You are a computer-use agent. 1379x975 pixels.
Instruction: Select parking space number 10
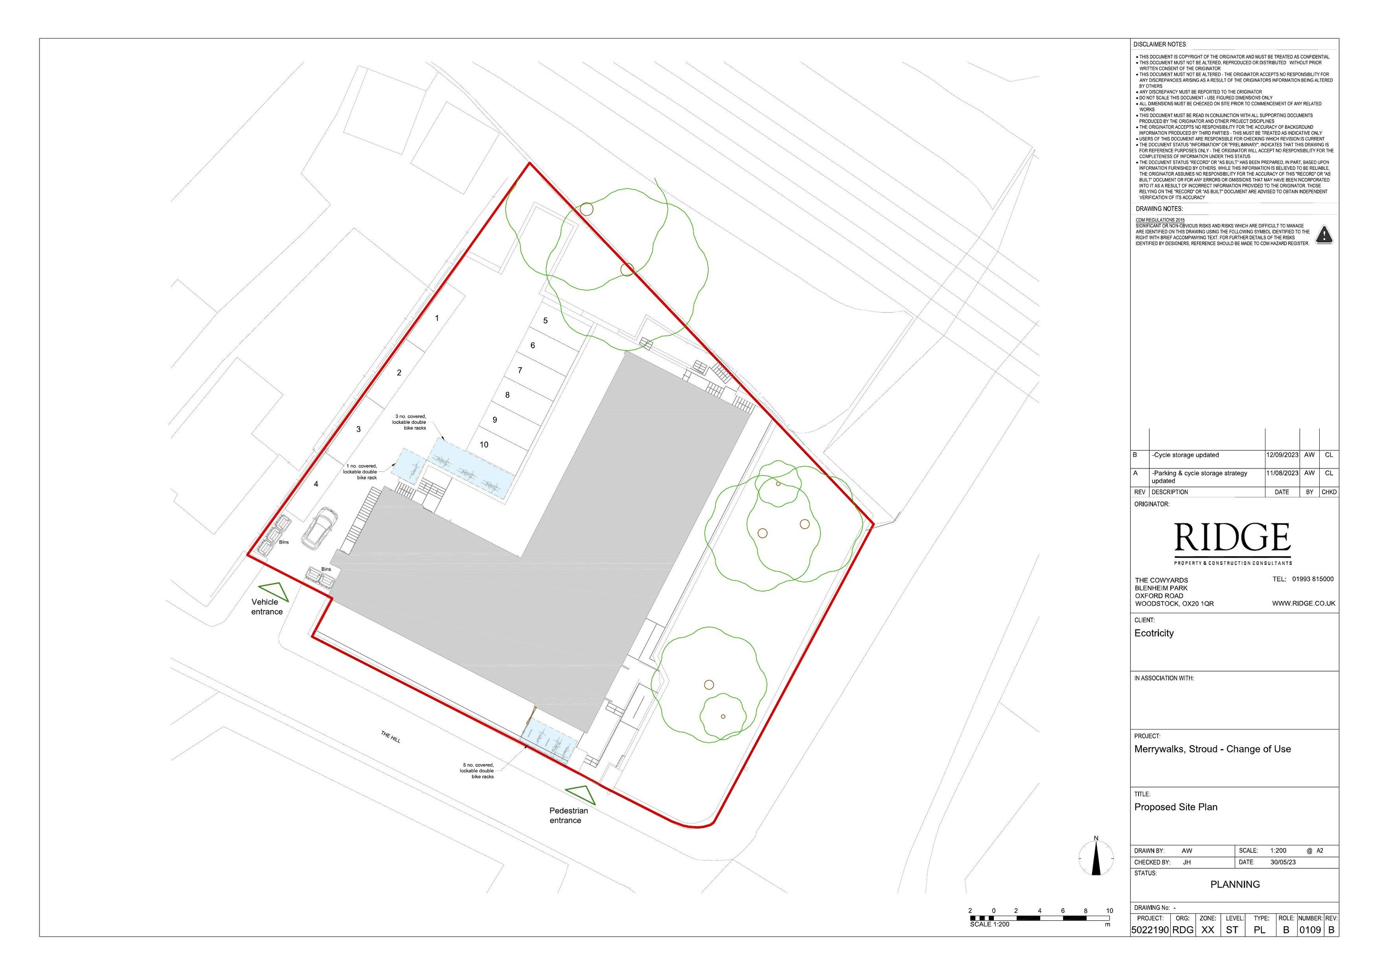click(484, 445)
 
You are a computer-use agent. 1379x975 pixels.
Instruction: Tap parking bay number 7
click(520, 370)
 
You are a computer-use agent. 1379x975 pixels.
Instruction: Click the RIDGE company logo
click(1232, 538)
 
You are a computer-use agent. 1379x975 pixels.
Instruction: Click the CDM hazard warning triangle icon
click(1324, 235)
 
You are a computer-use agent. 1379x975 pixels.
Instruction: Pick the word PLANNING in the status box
click(1235, 884)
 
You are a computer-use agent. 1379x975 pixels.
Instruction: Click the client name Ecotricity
click(1154, 633)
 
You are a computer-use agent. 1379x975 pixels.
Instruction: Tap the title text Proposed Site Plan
click(1175, 807)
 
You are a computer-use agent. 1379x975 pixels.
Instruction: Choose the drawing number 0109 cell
click(1310, 930)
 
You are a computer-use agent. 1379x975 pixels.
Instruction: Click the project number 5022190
click(1150, 930)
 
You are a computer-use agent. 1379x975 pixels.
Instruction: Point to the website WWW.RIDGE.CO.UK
click(1303, 603)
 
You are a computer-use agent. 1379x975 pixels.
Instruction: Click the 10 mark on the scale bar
click(1109, 911)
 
